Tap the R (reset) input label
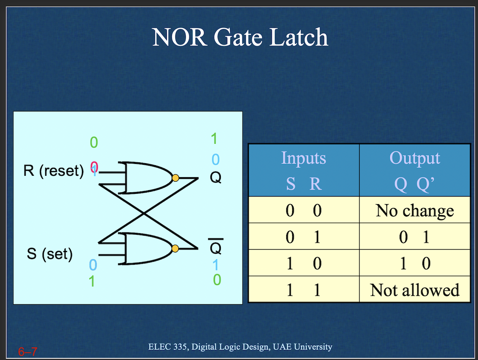[x=54, y=171]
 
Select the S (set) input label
[x=50, y=254]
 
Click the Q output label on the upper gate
[x=215, y=178]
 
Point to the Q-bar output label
[x=215, y=248]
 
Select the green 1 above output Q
[x=214, y=138]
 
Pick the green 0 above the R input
[x=94, y=143]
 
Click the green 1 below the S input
[x=91, y=281]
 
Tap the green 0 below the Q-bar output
[x=217, y=279]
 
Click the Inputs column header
[x=303, y=158]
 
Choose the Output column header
[x=415, y=158]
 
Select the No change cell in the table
[x=415, y=210]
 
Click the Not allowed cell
[x=415, y=290]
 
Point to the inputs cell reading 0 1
[x=303, y=237]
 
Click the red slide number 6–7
[x=27, y=351]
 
